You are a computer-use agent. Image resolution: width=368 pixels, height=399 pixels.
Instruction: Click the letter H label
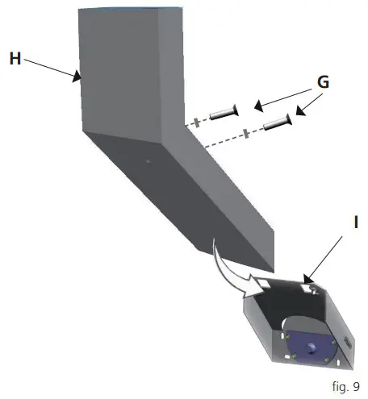click(15, 59)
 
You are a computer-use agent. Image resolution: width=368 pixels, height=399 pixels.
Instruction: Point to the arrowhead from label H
click(79, 78)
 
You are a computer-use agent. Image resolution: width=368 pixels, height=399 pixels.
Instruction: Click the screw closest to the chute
click(223, 114)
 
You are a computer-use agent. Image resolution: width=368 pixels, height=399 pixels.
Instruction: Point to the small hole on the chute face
click(148, 160)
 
